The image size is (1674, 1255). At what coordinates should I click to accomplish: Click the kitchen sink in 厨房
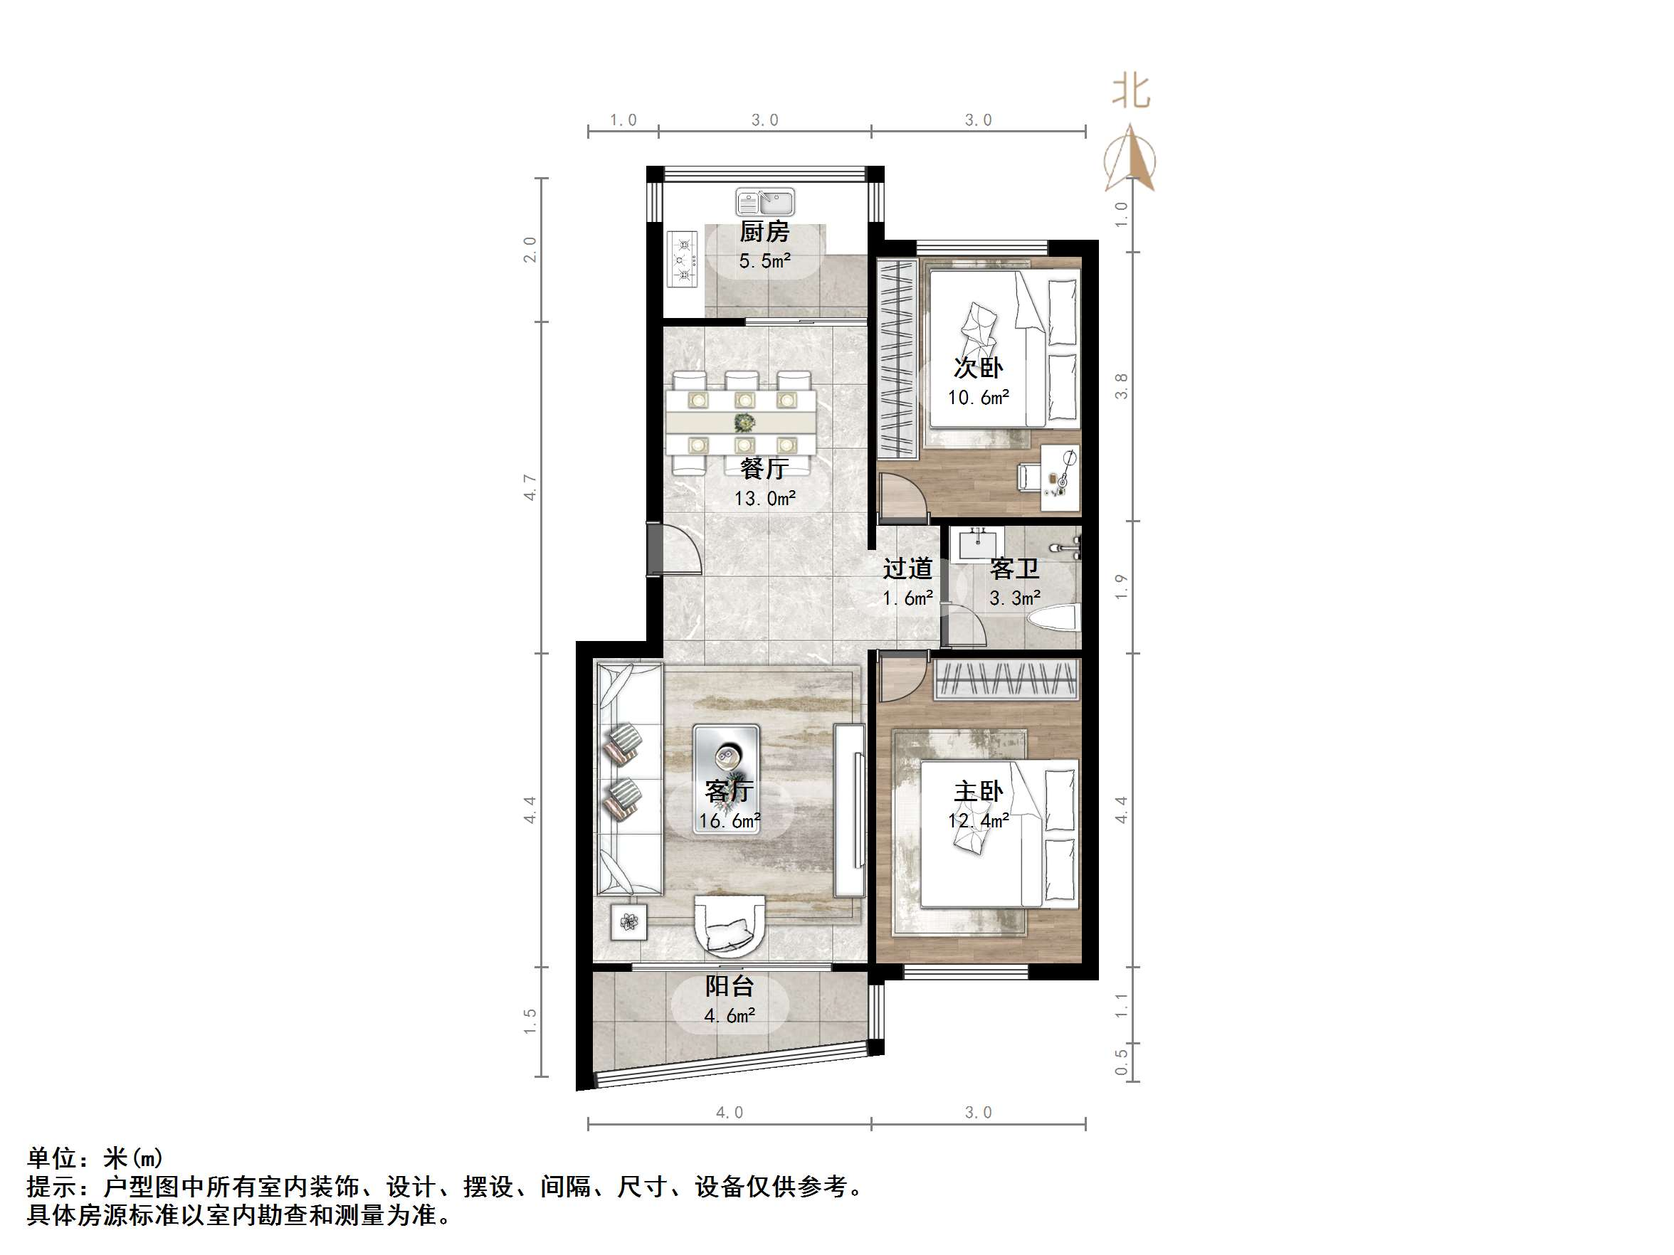coord(765,202)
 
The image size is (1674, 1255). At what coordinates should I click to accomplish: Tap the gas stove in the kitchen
coord(683,260)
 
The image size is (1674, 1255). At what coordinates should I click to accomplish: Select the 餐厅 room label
coord(764,469)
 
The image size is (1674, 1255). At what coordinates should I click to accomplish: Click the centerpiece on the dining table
coord(744,422)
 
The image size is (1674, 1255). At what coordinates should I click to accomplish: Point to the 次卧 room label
coord(978,368)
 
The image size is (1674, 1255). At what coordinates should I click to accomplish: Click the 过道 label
coord(907,569)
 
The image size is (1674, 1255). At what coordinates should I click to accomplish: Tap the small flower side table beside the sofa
coord(629,921)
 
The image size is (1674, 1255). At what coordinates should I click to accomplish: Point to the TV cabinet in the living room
coord(850,810)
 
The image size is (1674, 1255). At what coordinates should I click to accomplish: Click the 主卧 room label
coord(978,791)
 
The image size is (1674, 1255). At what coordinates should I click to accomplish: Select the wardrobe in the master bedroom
coord(1006,679)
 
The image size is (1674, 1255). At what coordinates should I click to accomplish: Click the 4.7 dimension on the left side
coord(530,487)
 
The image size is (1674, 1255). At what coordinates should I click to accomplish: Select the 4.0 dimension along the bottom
coord(730,1112)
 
